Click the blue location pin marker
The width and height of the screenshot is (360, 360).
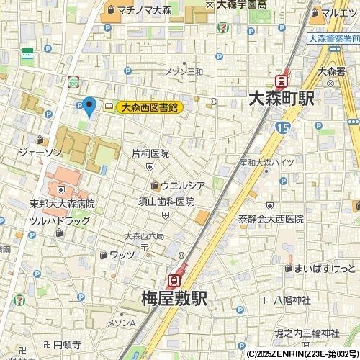tap(89, 107)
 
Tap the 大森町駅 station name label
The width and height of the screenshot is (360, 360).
tap(280, 99)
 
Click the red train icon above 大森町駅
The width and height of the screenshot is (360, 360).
tap(282, 81)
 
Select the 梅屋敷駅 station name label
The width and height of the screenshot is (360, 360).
tap(174, 297)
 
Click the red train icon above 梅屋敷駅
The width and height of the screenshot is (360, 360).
tap(174, 279)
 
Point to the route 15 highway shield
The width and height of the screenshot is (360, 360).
tap(282, 127)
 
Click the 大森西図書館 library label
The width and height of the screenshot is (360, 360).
tap(149, 107)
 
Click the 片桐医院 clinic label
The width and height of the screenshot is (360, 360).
tap(150, 153)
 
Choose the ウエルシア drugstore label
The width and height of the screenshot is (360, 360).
tap(182, 185)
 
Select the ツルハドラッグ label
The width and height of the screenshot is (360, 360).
tap(60, 220)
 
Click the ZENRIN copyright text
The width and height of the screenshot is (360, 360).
tap(302, 354)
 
